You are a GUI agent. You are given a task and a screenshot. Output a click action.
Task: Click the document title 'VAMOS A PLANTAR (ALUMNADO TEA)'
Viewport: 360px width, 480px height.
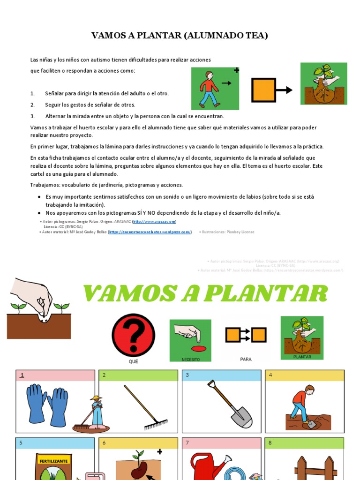[x=180, y=36]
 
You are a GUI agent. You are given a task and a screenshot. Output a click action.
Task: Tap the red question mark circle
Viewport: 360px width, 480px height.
[x=134, y=335]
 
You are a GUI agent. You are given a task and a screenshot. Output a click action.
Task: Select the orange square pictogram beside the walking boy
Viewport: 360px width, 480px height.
[x=264, y=90]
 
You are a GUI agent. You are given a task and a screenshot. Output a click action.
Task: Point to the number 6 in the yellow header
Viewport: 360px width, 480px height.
[x=104, y=443]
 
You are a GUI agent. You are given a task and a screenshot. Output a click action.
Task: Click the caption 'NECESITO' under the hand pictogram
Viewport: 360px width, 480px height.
[x=190, y=359]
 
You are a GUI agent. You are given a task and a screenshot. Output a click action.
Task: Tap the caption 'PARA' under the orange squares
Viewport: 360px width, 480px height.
[x=246, y=359]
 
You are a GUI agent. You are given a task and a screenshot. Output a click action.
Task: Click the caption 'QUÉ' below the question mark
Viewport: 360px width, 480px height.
[x=134, y=361]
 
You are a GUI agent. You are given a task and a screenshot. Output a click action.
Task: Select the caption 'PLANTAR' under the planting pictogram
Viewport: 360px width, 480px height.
[x=302, y=357]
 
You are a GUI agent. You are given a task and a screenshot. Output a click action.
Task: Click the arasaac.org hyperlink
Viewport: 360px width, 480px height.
[x=154, y=221]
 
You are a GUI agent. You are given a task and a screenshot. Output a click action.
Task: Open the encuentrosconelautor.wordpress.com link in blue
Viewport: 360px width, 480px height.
[x=150, y=232]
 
